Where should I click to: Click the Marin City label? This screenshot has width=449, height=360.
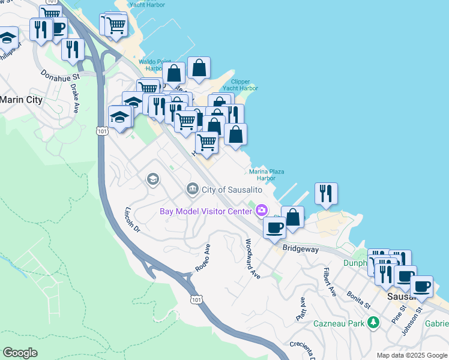(x=22, y=100)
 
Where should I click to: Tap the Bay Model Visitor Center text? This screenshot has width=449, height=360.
(x=205, y=211)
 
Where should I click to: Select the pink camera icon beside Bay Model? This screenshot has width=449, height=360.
(x=261, y=210)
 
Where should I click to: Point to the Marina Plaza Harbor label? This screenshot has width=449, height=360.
(x=267, y=175)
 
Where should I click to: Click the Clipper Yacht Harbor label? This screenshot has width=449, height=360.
(x=244, y=85)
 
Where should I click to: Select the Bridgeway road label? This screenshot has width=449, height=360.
(x=300, y=248)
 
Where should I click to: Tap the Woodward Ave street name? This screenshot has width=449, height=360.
(x=253, y=259)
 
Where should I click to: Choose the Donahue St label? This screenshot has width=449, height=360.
(x=60, y=77)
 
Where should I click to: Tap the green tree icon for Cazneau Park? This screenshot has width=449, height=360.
(x=374, y=323)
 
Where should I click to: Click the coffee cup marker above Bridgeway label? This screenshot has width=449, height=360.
(x=276, y=228)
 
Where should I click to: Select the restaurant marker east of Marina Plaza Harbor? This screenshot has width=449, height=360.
(x=326, y=193)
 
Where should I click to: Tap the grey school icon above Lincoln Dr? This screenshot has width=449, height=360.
(x=152, y=179)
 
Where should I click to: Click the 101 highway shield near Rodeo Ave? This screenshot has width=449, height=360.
(x=196, y=299)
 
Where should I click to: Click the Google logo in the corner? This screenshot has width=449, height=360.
(x=20, y=353)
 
